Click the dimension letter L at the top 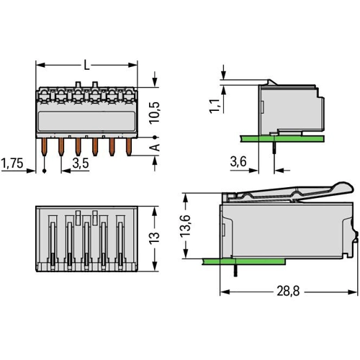pyautogui.click(x=86, y=65)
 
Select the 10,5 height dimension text pyautogui.click(x=154, y=113)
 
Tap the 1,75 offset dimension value pyautogui.click(x=12, y=163)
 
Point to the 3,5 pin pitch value pyautogui.click(x=81, y=163)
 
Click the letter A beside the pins pyautogui.click(x=155, y=147)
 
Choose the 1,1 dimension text pyautogui.click(x=215, y=106)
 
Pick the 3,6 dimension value pyautogui.click(x=238, y=161)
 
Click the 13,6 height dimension pyautogui.click(x=186, y=225)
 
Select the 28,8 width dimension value pyautogui.click(x=288, y=291)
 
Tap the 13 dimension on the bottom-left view pyautogui.click(x=154, y=238)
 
